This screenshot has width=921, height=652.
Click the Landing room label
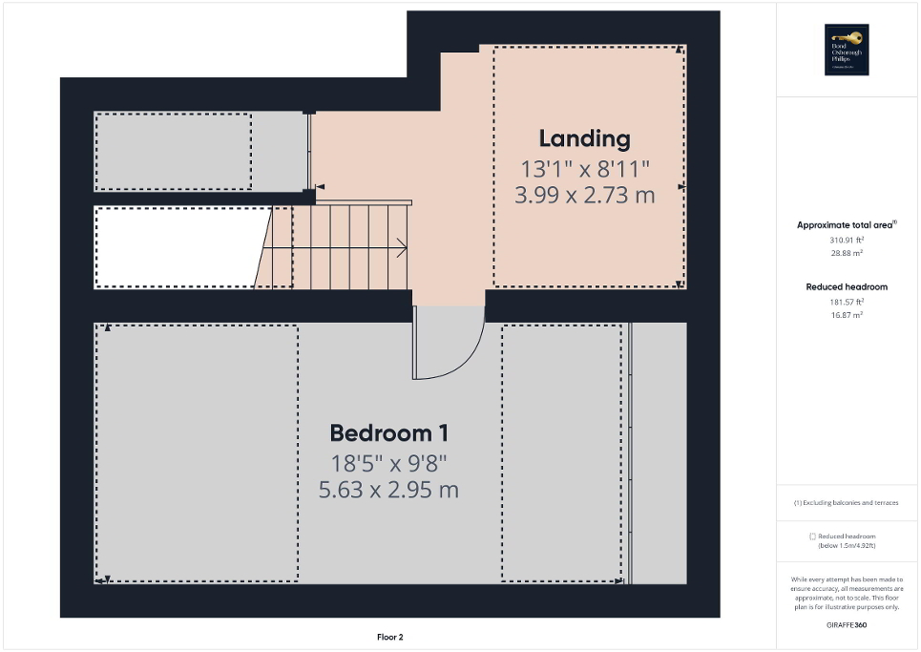pyautogui.click(x=584, y=138)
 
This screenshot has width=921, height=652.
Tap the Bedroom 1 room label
pyautogui.click(x=388, y=432)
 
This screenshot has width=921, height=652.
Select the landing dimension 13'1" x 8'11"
pyautogui.click(x=584, y=169)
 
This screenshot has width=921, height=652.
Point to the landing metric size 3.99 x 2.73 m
pyautogui.click(x=584, y=196)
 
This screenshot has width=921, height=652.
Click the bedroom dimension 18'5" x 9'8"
pyautogui.click(x=388, y=464)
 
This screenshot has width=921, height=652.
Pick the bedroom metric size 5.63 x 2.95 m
pyautogui.click(x=388, y=491)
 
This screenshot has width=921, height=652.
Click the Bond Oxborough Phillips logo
pyautogui.click(x=846, y=50)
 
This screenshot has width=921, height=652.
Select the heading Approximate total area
pyautogui.click(x=846, y=225)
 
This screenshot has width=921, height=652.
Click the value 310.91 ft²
pyautogui.click(x=846, y=241)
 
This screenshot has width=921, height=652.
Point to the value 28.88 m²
pyautogui.click(x=846, y=254)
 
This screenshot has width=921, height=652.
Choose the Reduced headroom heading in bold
pyautogui.click(x=846, y=286)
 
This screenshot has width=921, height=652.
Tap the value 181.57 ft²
pyautogui.click(x=846, y=302)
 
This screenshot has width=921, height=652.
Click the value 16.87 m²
pyautogui.click(x=846, y=314)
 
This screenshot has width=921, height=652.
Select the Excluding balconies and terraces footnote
pyautogui.click(x=846, y=502)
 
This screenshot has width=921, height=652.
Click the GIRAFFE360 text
pyautogui.click(x=846, y=624)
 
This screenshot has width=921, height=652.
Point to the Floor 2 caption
pyautogui.click(x=389, y=637)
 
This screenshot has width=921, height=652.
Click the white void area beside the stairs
pyautogui.click(x=177, y=246)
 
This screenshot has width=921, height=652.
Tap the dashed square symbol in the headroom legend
pyautogui.click(x=812, y=536)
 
